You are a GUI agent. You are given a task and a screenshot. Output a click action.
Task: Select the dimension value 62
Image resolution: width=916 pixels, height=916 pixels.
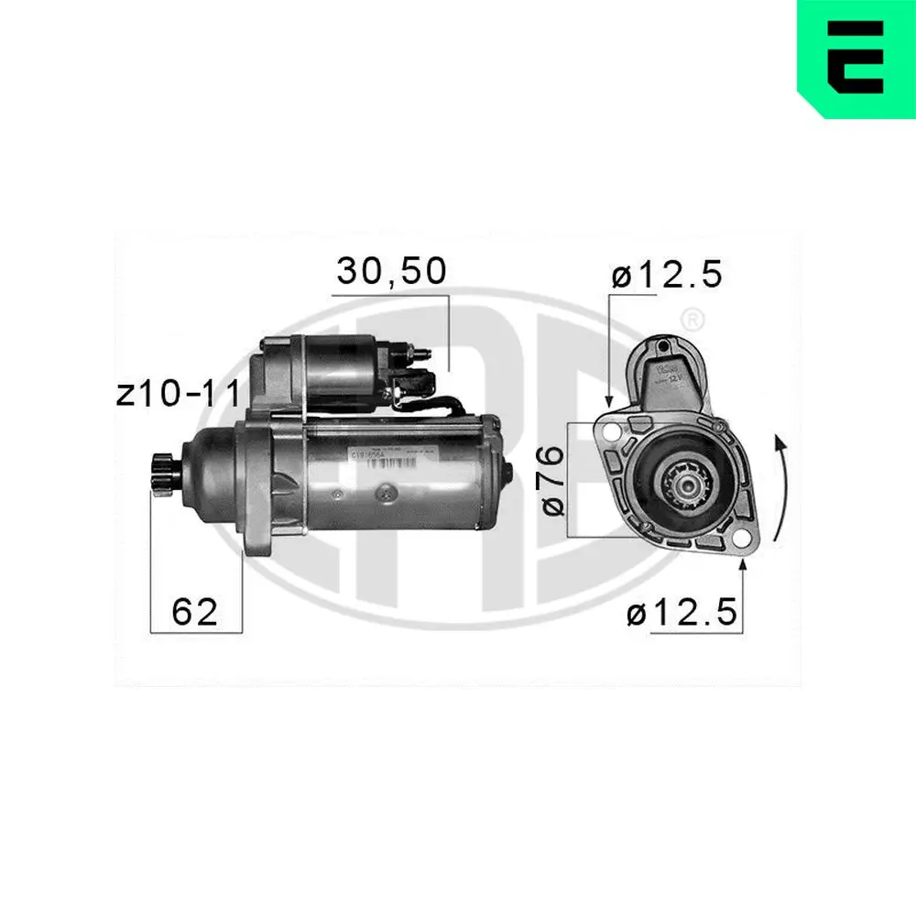[x=195, y=612]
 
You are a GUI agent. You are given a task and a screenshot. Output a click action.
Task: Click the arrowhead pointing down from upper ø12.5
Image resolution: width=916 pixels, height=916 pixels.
[x=608, y=400]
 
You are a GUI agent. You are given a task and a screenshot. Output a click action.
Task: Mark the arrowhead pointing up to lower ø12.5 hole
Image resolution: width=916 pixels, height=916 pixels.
[x=742, y=569]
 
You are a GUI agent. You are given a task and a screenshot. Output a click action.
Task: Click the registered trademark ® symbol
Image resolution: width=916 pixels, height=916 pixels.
[x=693, y=320]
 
